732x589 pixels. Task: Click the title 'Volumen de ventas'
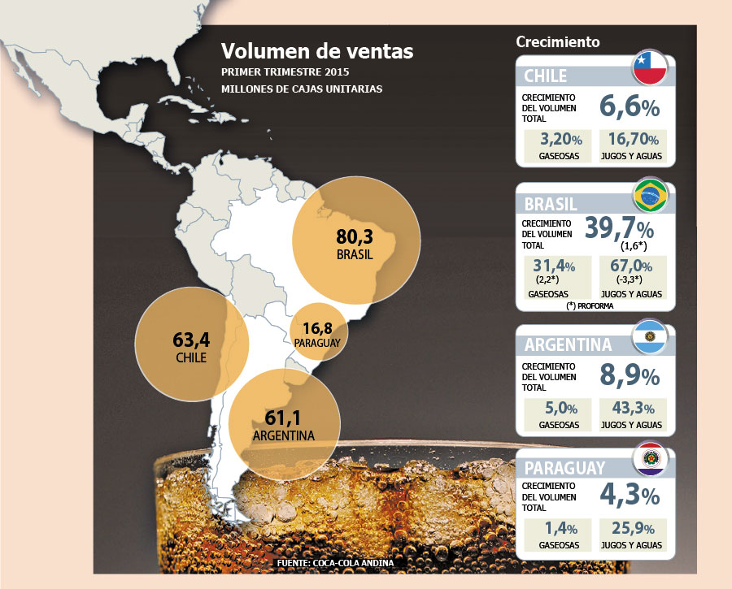click(x=317, y=51)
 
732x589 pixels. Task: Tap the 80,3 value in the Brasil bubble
click(x=355, y=237)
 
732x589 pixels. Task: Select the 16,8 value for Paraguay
click(x=317, y=328)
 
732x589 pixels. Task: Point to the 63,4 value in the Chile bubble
click(x=191, y=340)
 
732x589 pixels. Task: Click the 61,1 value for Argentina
click(x=283, y=418)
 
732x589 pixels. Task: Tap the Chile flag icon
click(x=650, y=67)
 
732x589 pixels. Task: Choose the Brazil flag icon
click(x=651, y=195)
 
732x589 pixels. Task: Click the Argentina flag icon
click(x=649, y=336)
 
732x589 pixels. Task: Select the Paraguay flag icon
click(x=650, y=459)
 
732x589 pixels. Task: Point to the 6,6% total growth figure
click(x=630, y=106)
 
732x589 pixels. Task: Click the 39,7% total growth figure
click(x=620, y=228)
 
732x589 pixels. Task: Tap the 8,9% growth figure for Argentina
click(x=630, y=375)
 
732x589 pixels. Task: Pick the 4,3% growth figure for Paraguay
click(x=630, y=496)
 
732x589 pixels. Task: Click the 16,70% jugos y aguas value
click(x=633, y=139)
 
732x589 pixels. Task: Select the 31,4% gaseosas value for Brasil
click(x=554, y=266)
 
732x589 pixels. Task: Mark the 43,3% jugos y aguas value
click(x=633, y=408)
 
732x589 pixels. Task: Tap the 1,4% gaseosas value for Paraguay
click(x=561, y=528)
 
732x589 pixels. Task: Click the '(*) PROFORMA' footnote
click(x=590, y=306)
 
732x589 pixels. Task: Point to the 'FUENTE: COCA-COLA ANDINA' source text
click(x=335, y=563)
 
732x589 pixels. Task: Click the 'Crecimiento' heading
click(x=558, y=41)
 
